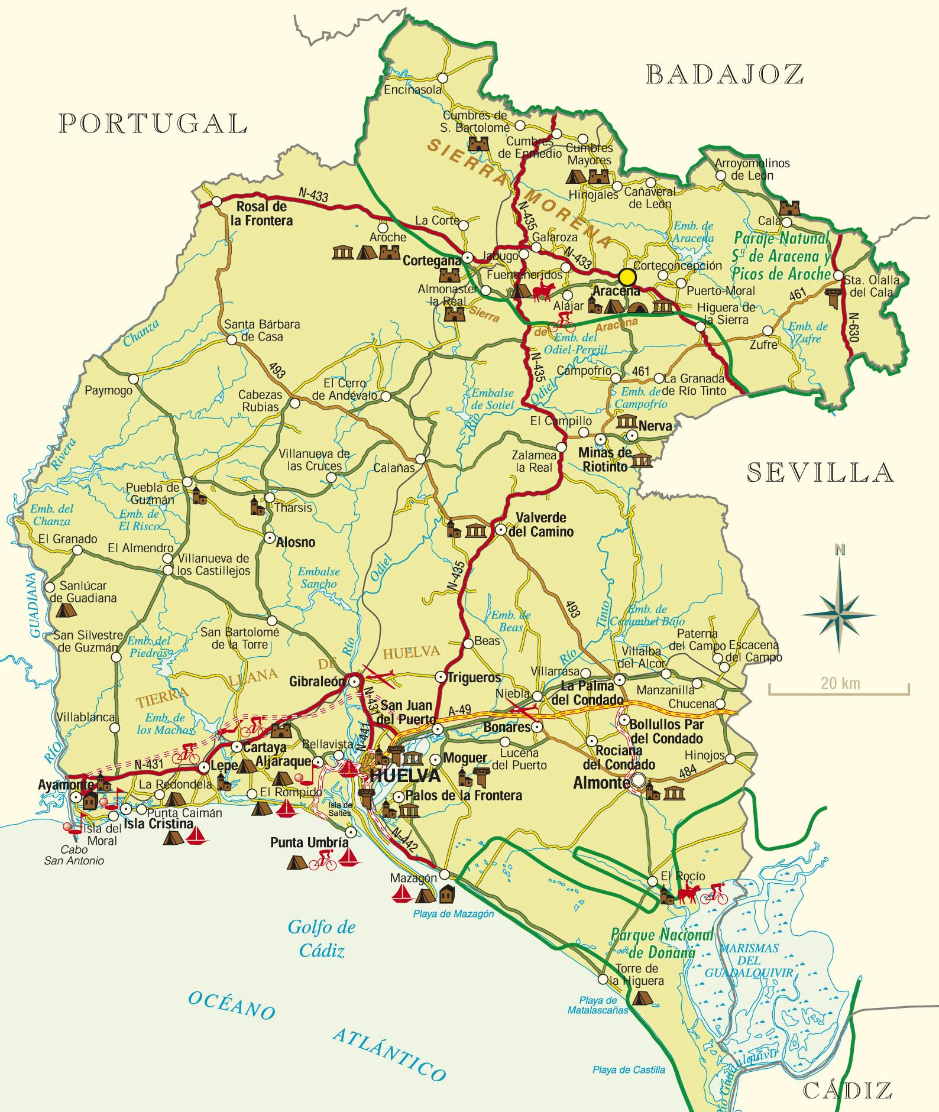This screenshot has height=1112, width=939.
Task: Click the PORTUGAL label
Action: pos(153,123)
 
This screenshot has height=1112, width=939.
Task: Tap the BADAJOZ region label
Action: pos(725,74)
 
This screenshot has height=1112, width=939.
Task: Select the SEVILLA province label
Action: pos(820,472)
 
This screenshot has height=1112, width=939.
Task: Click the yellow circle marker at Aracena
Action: pos(627,277)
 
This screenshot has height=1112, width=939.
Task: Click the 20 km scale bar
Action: pos(838,689)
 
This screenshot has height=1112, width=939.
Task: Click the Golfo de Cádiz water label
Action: pos(321,938)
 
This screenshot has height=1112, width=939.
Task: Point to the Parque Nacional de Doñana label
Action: pos(663,944)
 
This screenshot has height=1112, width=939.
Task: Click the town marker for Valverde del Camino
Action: pos(500,529)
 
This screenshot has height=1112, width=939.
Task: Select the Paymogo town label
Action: pos(109,390)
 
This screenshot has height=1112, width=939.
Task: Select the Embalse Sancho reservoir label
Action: pos(318,578)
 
